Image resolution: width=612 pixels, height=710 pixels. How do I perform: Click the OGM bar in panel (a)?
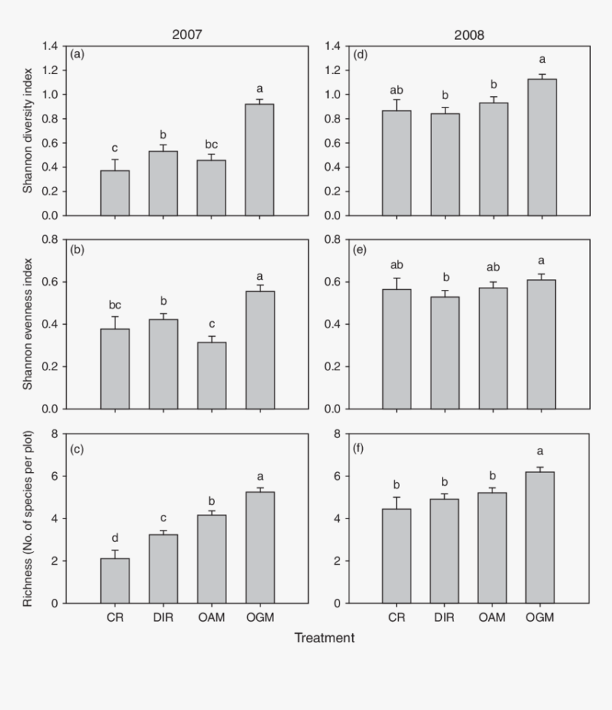(x=259, y=160)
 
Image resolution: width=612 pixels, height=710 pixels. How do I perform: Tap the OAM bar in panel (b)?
(x=211, y=375)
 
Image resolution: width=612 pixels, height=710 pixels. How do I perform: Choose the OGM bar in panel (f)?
(x=541, y=537)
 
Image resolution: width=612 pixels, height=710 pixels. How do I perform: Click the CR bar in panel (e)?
(x=397, y=349)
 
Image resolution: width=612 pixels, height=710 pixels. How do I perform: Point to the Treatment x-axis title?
(x=325, y=638)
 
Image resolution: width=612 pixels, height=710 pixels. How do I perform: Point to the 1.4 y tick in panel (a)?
(x=50, y=46)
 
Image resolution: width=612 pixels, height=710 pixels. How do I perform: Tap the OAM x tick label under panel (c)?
(x=211, y=617)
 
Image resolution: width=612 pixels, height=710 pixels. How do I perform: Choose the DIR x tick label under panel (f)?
(x=445, y=617)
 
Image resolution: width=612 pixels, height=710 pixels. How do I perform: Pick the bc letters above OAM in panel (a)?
(x=211, y=145)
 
